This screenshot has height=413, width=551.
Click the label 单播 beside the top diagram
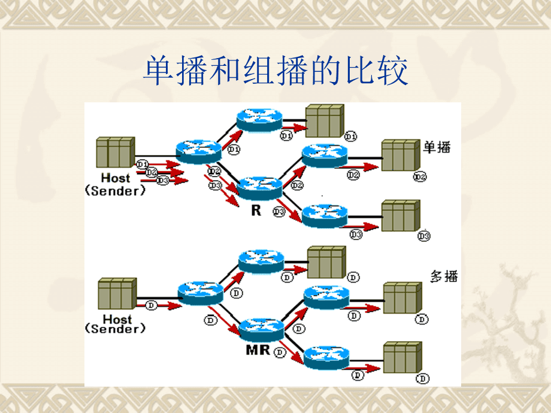point(437,147)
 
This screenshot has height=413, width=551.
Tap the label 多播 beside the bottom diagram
point(444,276)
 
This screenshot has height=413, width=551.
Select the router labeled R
point(259,188)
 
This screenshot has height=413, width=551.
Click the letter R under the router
point(256,211)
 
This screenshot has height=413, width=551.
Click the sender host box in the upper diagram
point(115,153)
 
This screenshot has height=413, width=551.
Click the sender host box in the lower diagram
point(116,293)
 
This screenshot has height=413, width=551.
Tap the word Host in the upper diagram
point(116,178)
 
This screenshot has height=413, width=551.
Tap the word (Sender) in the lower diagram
point(116,329)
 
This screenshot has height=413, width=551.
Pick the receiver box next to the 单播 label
point(400,156)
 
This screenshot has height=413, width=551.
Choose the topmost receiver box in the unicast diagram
point(324,122)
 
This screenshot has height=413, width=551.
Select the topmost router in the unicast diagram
point(259,120)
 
